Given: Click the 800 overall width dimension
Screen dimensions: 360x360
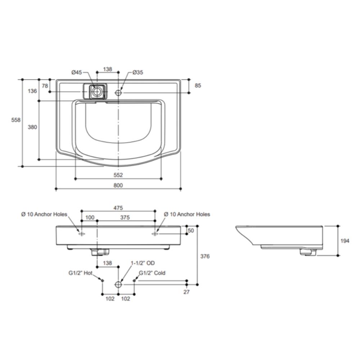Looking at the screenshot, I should (118, 185).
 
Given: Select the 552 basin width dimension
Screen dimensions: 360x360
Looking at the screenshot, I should (118, 175).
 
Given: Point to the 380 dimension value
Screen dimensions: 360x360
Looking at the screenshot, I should (33, 127).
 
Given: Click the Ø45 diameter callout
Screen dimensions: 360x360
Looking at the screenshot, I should (78, 72).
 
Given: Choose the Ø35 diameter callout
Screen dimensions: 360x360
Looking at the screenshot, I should (138, 72).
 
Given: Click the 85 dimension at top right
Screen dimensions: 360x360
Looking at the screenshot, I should (198, 86).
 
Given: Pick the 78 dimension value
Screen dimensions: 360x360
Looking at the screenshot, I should (45, 86).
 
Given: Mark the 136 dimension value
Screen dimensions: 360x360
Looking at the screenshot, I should (33, 91).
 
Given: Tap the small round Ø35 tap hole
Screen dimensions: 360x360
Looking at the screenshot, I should (118, 93).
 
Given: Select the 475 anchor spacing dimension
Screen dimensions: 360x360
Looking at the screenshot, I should (118, 208).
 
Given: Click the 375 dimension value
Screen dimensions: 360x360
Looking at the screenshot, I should (125, 217).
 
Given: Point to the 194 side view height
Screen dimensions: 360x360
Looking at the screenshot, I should (345, 241).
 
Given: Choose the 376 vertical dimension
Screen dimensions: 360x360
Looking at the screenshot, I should (205, 256).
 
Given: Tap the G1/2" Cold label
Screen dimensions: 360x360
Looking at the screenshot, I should (152, 273).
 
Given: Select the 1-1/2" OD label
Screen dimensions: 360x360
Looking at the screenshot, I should (143, 263).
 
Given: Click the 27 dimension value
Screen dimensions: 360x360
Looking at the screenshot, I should (186, 292).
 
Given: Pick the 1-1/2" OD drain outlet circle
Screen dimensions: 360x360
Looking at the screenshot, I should (118, 284).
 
